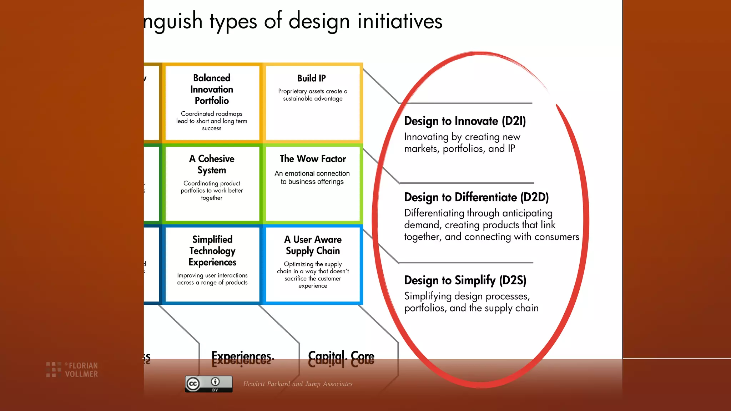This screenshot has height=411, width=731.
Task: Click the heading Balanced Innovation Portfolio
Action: (212, 89)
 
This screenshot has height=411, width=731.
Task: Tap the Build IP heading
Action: (312, 78)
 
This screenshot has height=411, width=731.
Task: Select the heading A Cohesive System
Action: (212, 164)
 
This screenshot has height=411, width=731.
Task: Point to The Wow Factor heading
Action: (313, 159)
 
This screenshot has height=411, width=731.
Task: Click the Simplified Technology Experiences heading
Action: (212, 250)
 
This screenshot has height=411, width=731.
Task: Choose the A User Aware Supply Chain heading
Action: (313, 245)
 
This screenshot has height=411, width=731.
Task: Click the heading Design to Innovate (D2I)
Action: (465, 121)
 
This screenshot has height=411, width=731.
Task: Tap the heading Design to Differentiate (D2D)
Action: (476, 197)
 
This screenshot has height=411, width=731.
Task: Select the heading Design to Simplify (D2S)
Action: (465, 280)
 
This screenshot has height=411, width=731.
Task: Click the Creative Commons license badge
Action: (208, 384)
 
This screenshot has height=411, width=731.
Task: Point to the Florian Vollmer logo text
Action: (81, 370)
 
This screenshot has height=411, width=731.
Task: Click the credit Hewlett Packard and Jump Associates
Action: (298, 384)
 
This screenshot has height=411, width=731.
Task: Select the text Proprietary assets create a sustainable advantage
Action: (313, 95)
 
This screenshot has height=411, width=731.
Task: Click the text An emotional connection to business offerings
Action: (312, 177)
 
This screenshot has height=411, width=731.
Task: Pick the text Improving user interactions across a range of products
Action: (212, 279)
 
